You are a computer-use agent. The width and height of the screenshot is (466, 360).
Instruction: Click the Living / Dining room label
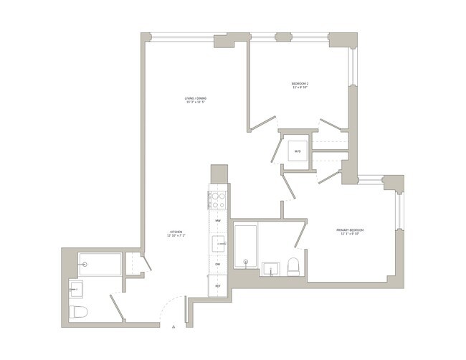click(194, 100)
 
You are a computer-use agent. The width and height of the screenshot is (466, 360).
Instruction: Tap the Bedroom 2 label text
click(299, 85)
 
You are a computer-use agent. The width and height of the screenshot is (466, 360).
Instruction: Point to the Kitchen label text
click(176, 234)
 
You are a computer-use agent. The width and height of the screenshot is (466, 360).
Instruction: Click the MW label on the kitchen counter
click(218, 221)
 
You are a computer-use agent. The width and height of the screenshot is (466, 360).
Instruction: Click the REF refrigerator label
click(218, 285)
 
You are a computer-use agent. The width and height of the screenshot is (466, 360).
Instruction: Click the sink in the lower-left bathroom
click(76, 290)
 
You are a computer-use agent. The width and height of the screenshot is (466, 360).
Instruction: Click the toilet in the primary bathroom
click(293, 267)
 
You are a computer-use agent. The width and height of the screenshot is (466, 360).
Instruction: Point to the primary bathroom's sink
click(271, 269)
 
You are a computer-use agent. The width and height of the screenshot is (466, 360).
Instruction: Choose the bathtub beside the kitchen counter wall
click(246, 246)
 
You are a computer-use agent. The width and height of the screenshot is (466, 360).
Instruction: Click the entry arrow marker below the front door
click(173, 327)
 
